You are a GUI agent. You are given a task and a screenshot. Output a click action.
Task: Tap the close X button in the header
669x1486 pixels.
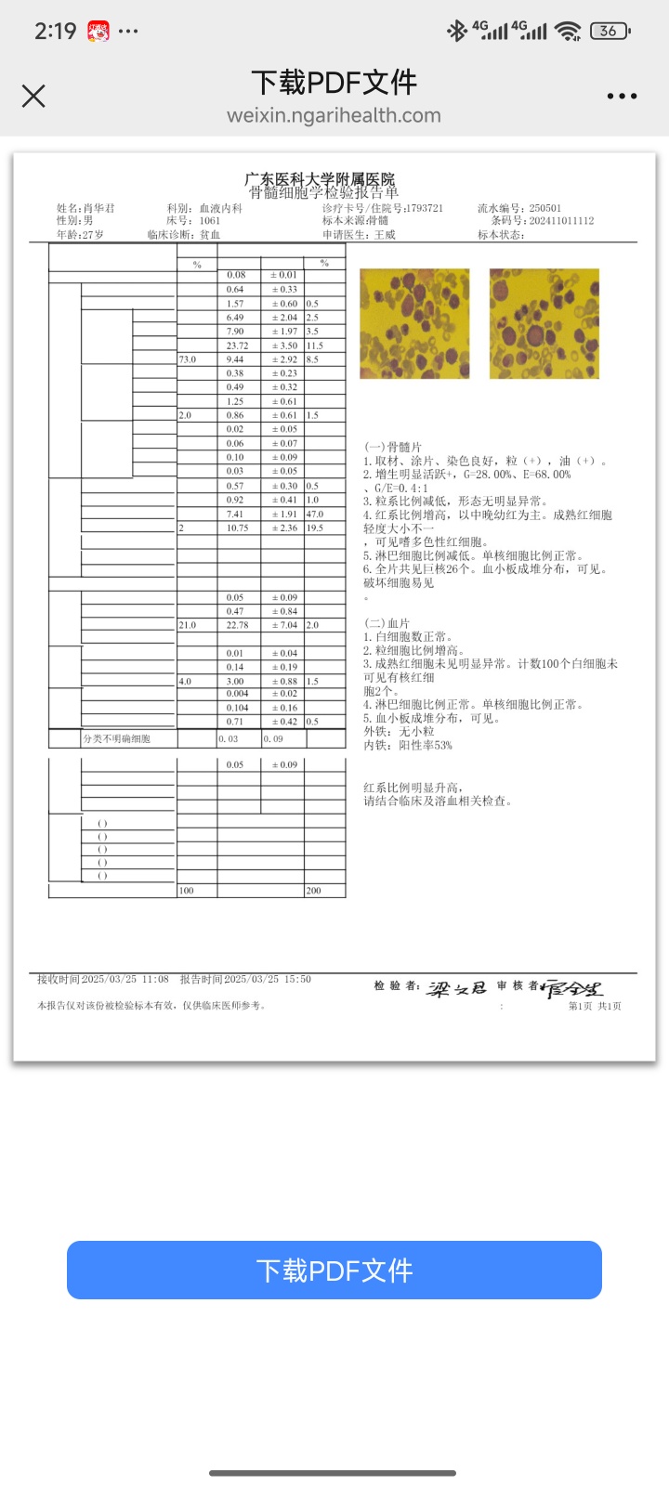tap(33, 96)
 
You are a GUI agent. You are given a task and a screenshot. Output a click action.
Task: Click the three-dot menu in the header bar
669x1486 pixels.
tap(622, 96)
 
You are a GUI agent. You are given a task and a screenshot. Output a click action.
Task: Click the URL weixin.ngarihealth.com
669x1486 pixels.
tap(334, 116)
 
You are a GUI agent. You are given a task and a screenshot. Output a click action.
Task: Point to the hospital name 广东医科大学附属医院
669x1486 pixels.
tap(320, 179)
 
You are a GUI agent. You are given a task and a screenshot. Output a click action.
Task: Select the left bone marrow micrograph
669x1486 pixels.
tap(414, 323)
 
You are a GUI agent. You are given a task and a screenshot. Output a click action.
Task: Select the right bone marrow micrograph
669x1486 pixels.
tap(544, 323)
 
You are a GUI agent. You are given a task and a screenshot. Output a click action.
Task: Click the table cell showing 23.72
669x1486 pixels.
tap(237, 345)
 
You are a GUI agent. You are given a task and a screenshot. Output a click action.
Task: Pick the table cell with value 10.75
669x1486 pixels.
tap(237, 528)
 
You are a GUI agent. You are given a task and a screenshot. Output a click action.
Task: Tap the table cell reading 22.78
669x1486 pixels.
tap(237, 625)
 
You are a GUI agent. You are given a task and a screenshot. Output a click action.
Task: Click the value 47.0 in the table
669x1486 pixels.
tap(315, 514)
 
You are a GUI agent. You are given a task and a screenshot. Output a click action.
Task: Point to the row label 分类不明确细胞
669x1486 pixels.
tap(116, 739)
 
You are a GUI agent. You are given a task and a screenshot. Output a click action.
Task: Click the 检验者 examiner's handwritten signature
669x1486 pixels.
tap(456, 988)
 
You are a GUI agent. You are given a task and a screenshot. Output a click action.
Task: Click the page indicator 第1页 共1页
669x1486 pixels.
tap(595, 1006)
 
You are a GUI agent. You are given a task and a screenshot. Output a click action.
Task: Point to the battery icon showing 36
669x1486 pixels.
tap(610, 31)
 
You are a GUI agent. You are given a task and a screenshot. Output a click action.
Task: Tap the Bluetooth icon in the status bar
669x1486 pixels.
tap(456, 31)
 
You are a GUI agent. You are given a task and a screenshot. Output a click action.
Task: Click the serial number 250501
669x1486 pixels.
tap(545, 209)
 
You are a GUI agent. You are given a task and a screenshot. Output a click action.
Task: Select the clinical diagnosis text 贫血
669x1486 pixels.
tap(210, 235)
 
